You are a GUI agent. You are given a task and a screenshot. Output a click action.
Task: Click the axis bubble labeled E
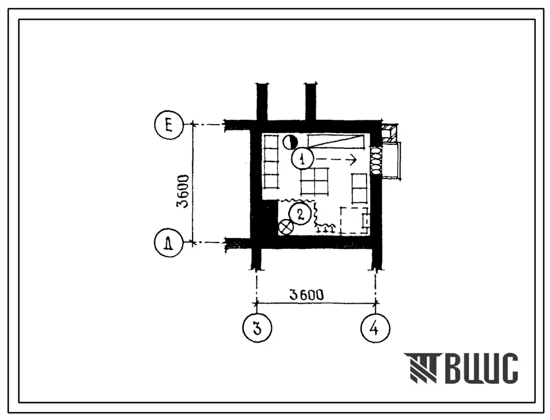pyautogui.click(x=169, y=125)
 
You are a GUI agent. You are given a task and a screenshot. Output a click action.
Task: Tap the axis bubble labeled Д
pyautogui.click(x=169, y=243)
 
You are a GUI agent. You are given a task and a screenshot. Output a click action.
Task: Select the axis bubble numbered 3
pyautogui.click(x=257, y=328)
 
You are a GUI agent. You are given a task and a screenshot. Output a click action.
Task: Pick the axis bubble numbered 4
pyautogui.click(x=375, y=328)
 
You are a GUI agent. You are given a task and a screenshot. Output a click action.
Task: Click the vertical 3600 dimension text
pyautogui.click(x=183, y=191)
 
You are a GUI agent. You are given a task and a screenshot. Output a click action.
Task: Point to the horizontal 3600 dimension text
pyautogui.click(x=306, y=295)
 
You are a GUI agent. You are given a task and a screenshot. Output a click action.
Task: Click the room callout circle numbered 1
pyautogui.click(x=302, y=159)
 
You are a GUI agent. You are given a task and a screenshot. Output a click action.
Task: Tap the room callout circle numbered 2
pyautogui.click(x=299, y=214)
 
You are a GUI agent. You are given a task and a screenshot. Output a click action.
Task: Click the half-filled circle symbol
pyautogui.click(x=290, y=142)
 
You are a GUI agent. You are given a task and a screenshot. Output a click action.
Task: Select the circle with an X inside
pyautogui.click(x=286, y=228)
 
